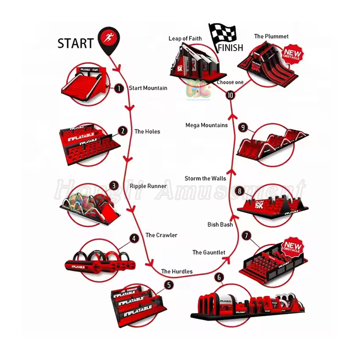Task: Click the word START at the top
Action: click(x=76, y=43)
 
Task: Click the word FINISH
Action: click(x=230, y=48)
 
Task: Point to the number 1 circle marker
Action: click(x=118, y=88)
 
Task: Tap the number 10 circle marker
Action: click(x=231, y=96)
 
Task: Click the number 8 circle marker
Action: click(x=240, y=191)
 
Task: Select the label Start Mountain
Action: click(x=148, y=88)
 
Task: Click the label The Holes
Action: click(x=147, y=132)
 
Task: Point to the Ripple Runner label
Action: click(x=148, y=186)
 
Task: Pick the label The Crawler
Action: click(x=161, y=235)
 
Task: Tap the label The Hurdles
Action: click(x=177, y=272)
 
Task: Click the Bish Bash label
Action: click(x=220, y=224)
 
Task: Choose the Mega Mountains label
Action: click(x=206, y=125)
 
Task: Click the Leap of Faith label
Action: click(x=185, y=38)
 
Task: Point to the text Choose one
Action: click(x=230, y=83)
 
